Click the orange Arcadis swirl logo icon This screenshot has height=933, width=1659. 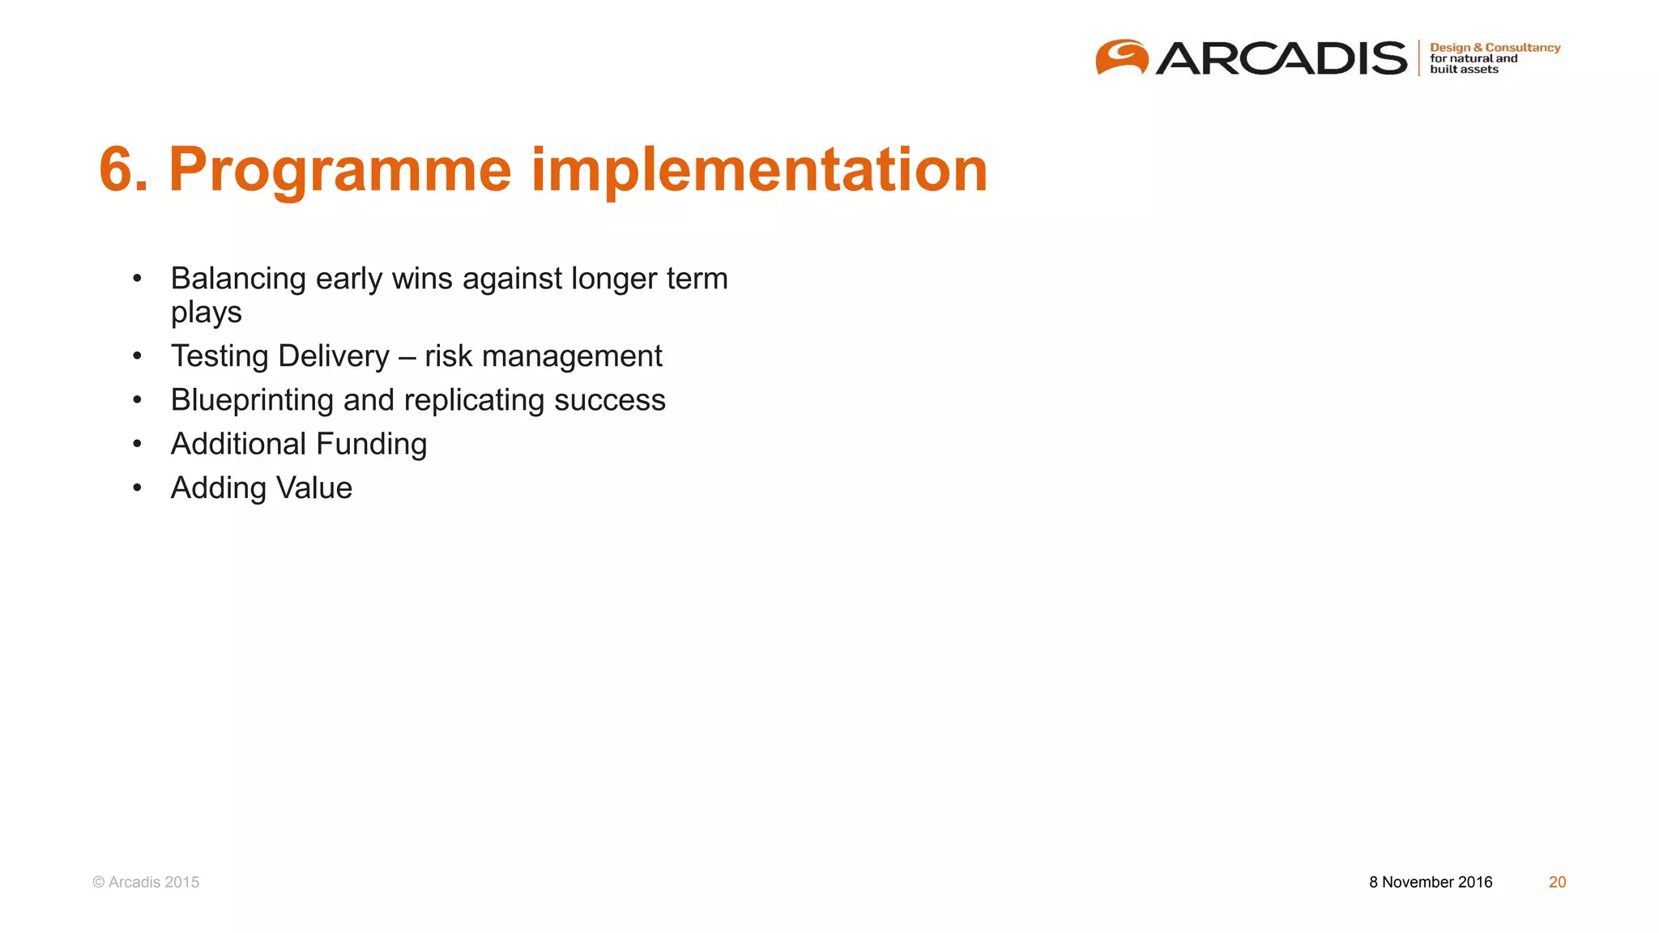click(1122, 58)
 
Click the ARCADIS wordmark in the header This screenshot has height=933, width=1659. click(1282, 58)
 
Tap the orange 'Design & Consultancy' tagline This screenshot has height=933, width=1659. click(1495, 48)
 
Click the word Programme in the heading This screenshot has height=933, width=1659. click(339, 170)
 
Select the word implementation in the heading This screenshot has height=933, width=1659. click(759, 170)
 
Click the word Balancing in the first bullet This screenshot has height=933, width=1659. click(238, 279)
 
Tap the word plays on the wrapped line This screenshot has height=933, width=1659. click(206, 313)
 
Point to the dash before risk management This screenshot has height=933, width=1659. click(407, 357)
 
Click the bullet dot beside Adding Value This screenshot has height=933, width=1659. click(138, 488)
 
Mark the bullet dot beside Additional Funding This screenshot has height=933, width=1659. click(138, 444)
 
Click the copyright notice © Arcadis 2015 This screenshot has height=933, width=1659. click(146, 882)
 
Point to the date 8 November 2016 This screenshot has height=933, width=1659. click(1431, 882)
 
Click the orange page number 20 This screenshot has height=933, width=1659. click(1557, 882)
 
